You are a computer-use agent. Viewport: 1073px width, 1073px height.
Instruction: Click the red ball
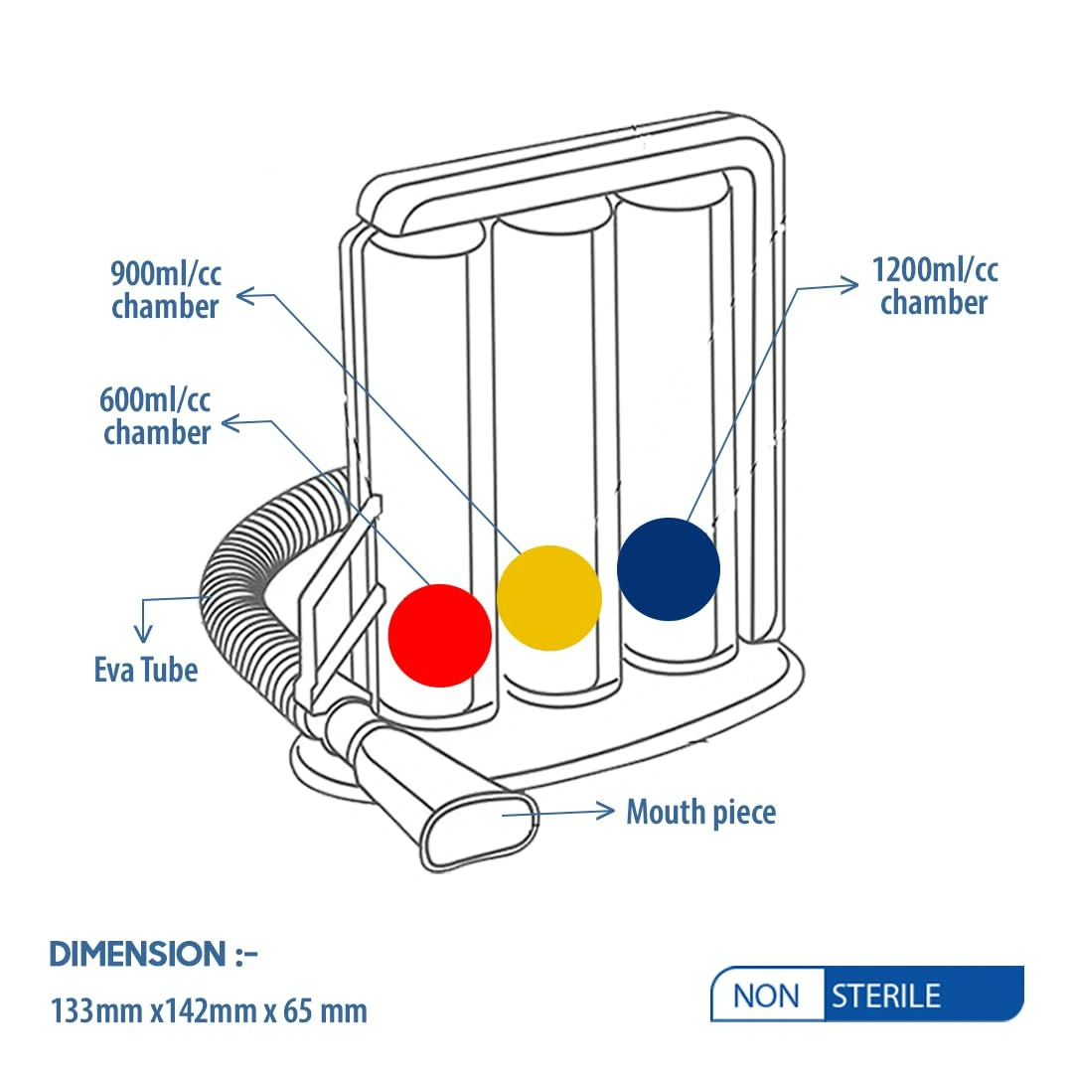point(439,636)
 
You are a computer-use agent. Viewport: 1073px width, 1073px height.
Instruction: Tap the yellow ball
point(548,598)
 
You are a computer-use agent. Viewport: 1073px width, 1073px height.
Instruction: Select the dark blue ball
point(668,569)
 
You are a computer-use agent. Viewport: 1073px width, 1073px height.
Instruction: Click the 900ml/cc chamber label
point(165,288)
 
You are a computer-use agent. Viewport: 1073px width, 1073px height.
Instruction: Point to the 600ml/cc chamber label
point(156,416)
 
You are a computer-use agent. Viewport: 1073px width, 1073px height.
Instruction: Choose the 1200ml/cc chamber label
point(934,285)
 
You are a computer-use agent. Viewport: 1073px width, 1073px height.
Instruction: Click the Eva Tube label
point(146,669)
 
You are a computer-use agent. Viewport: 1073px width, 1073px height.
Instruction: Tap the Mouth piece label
point(700,812)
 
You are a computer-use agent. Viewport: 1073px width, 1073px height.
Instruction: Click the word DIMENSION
point(138,955)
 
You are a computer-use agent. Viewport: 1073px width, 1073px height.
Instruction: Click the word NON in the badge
point(766,995)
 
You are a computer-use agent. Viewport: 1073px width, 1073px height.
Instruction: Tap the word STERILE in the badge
point(885,995)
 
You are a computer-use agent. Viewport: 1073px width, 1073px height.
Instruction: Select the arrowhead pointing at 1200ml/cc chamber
point(850,286)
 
